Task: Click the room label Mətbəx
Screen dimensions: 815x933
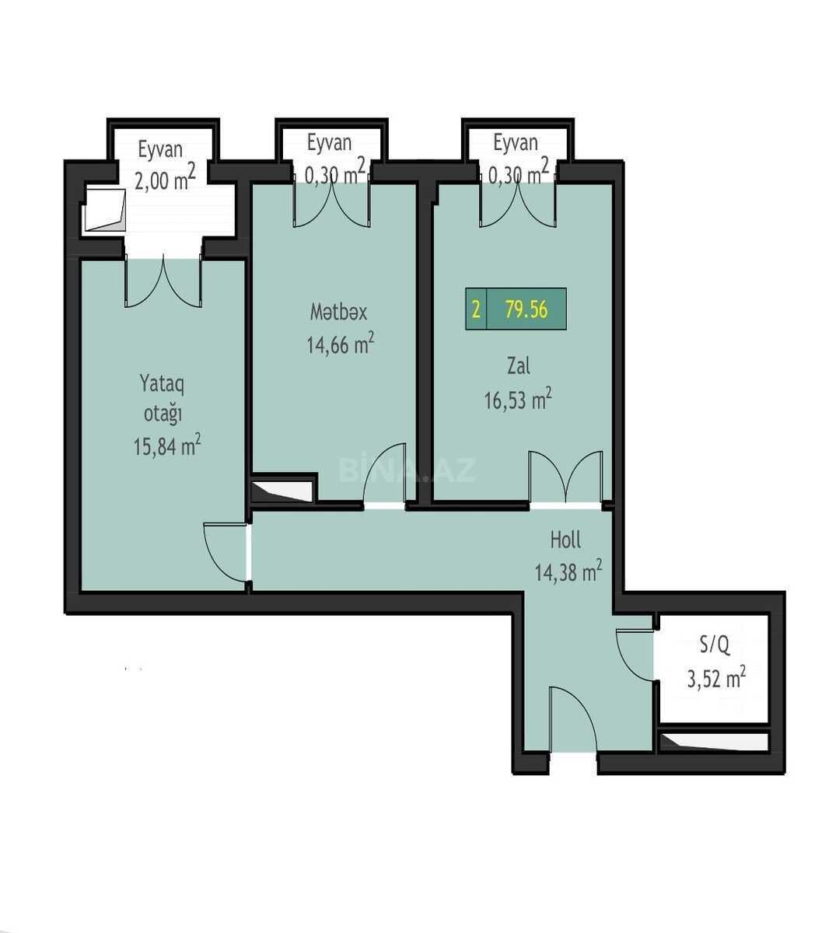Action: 338,312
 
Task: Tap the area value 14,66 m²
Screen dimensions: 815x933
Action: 340,344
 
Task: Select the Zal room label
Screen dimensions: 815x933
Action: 519,365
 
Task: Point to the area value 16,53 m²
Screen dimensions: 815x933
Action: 518,399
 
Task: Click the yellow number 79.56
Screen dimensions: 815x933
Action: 526,309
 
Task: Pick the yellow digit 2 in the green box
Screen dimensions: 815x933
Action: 476,309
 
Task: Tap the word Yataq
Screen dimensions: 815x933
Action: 162,384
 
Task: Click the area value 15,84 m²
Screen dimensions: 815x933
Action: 167,446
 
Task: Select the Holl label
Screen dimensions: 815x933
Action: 565,540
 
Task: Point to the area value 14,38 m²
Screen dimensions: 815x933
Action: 568,571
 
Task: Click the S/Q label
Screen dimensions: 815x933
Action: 714,645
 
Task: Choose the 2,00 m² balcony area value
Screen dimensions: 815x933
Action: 165,178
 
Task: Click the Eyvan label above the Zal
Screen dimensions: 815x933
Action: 516,143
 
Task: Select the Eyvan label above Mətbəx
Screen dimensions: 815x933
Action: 329,143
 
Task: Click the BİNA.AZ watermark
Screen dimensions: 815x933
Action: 407,470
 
